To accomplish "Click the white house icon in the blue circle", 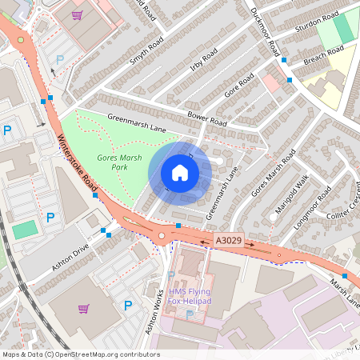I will click(180, 173).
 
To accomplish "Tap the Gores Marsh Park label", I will click(120, 163).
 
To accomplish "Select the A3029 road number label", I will click(226, 239).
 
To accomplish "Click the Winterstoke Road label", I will click(76, 160).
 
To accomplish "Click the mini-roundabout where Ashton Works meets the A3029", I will click(162, 235).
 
